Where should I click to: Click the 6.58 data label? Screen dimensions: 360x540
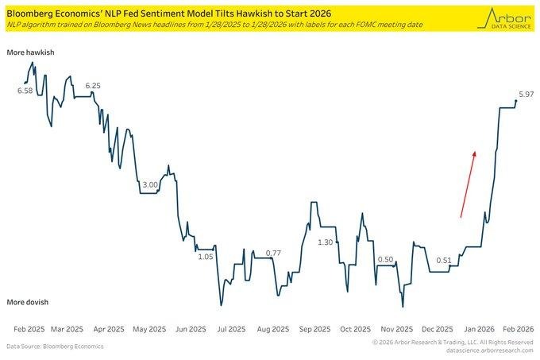point(25,91)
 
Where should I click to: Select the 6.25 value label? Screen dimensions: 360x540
point(93,86)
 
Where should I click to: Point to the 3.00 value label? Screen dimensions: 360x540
point(148,184)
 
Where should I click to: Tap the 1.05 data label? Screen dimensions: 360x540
point(206,256)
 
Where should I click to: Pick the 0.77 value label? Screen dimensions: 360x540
point(273,253)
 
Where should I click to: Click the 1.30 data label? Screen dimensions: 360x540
point(325,242)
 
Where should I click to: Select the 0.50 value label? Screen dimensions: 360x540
point(386,259)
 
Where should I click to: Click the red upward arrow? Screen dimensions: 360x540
point(468,183)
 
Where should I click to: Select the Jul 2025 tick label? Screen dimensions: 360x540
point(230,328)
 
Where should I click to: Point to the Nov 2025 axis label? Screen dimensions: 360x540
point(396,328)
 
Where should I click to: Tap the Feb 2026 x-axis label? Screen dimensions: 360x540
point(519,328)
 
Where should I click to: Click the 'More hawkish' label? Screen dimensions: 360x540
point(29,52)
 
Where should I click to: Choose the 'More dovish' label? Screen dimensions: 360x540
point(28,303)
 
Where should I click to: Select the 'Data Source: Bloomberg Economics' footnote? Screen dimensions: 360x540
point(55,346)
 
